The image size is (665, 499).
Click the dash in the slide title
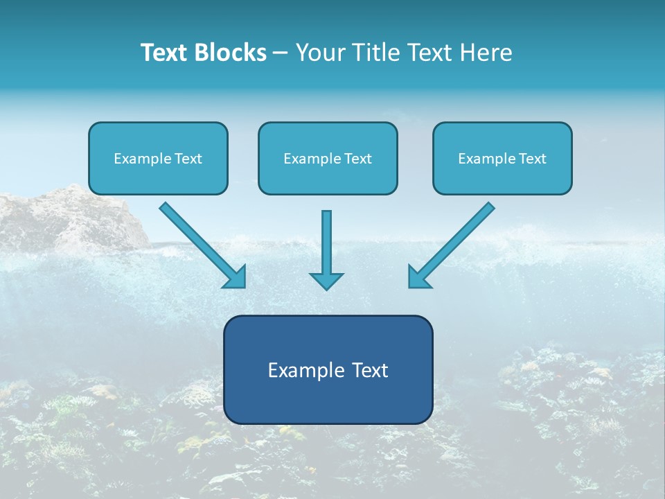coord(281,53)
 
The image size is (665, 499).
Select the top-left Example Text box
coord(158,159)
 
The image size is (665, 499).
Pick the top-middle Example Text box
coord(328,159)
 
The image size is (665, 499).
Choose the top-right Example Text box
coord(502,159)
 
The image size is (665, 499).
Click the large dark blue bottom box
coord(328,369)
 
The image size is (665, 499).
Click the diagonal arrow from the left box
coord(201,243)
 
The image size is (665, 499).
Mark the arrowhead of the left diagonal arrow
coord(236,277)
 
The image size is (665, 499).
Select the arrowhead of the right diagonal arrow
coord(418,277)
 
